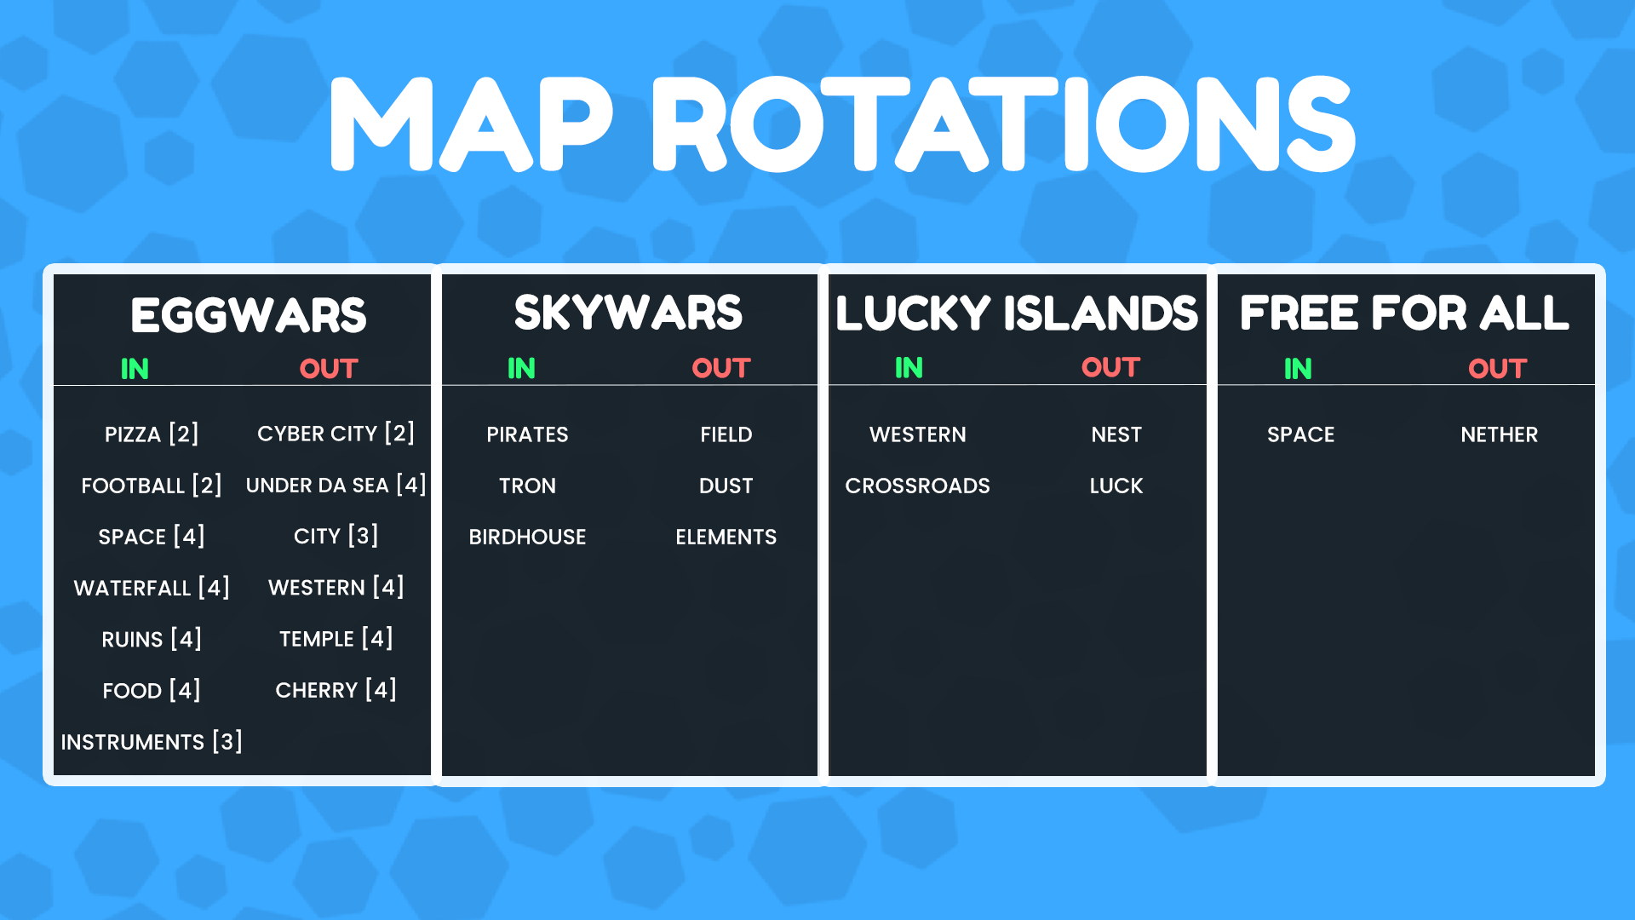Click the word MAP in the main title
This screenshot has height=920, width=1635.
[x=471, y=124]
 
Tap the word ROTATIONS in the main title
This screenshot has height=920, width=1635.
[x=1003, y=124]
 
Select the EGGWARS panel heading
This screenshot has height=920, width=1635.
[x=248, y=315]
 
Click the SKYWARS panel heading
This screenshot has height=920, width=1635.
[x=628, y=313]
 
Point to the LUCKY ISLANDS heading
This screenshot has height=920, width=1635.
[x=1017, y=313]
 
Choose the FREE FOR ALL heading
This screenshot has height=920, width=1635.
[x=1404, y=313]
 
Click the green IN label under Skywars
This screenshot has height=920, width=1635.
[x=521, y=368]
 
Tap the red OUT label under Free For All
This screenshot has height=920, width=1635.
[x=1497, y=369]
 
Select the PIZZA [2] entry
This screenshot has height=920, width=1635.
[x=152, y=434]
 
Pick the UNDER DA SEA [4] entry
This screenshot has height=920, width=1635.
[x=336, y=486]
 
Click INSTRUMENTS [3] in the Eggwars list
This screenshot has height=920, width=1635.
[x=152, y=742]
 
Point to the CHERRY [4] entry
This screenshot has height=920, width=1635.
[x=336, y=690]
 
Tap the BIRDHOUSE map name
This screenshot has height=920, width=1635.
[x=527, y=537]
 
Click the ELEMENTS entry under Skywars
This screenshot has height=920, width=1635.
[x=726, y=537]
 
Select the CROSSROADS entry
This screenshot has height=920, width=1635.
[x=917, y=486]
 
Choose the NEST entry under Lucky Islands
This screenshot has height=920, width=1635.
[x=1116, y=434]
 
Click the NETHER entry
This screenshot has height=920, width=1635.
[x=1499, y=434]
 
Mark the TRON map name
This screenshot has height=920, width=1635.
[x=527, y=486]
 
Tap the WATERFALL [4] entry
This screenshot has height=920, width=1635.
[x=152, y=588]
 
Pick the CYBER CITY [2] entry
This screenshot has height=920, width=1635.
[x=336, y=434]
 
